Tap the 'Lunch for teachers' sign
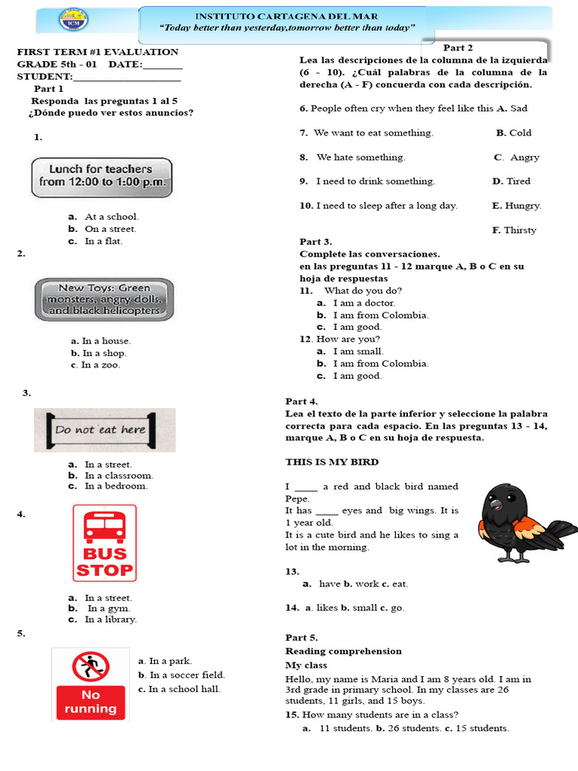101,176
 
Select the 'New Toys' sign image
104,299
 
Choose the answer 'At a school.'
111,217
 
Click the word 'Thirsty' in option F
520,230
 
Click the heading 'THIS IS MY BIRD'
332,462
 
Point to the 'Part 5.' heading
302,638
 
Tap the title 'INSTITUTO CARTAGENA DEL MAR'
287,16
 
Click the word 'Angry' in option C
525,157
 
